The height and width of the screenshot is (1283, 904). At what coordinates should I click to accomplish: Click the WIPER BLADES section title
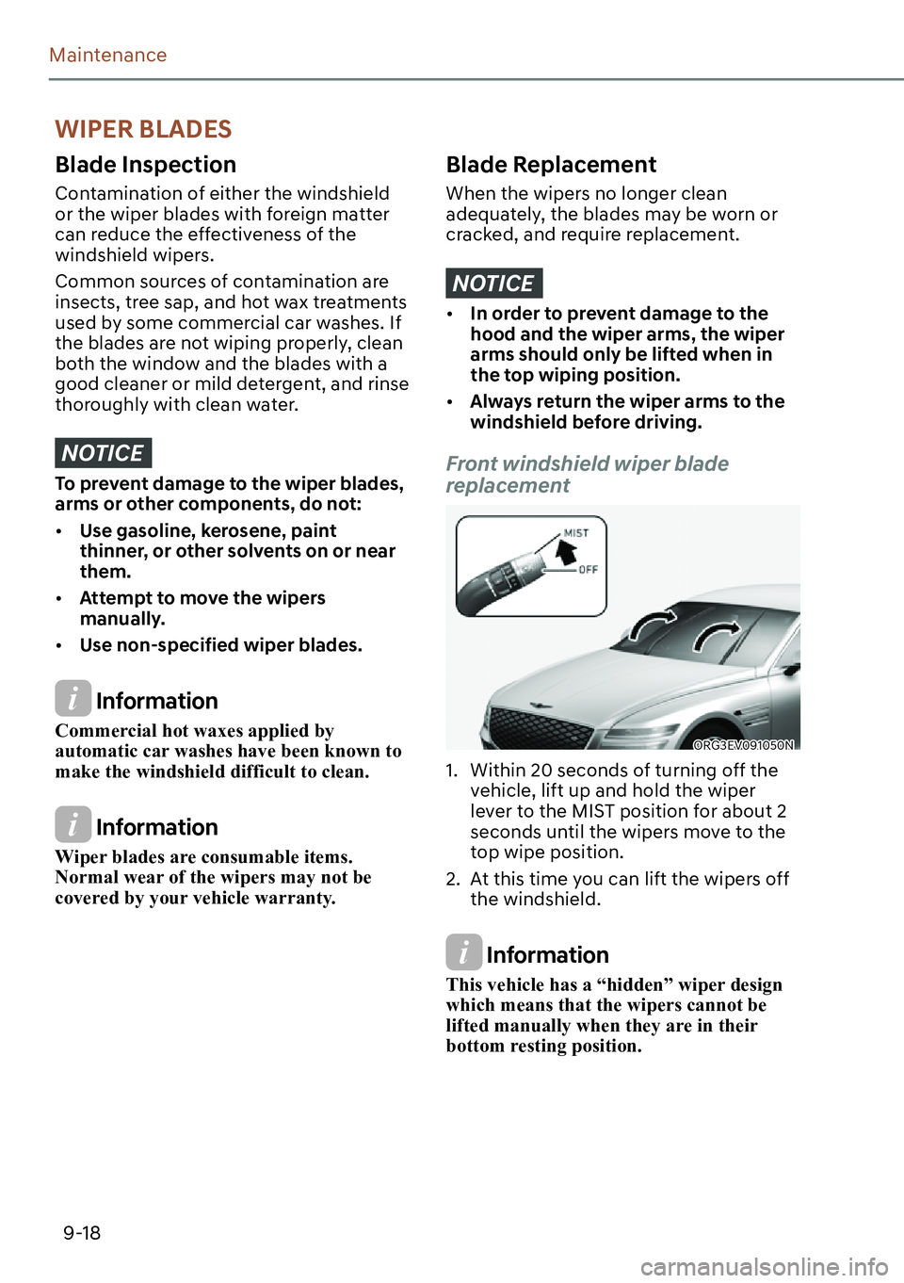pos(143,129)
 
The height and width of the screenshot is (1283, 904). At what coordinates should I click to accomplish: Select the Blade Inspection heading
pos(146,165)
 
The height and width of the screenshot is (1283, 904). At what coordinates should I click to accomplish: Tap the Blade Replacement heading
pos(551,165)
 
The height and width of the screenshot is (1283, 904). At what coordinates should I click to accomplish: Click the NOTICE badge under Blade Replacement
pos(493,284)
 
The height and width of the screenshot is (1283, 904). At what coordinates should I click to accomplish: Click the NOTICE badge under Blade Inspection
pos(103,453)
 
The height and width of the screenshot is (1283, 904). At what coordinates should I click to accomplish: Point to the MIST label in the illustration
pos(576,533)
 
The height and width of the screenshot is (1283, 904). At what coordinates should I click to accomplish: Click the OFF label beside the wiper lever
pos(589,570)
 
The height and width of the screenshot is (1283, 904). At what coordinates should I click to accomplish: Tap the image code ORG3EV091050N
pos(744,745)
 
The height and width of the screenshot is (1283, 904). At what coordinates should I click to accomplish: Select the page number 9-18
pos(82,1233)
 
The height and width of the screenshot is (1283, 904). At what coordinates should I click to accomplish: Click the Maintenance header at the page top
pos(108,56)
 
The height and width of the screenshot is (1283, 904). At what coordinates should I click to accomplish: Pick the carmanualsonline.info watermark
pos(764,1267)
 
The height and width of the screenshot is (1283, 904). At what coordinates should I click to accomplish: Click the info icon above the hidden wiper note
pos(464,952)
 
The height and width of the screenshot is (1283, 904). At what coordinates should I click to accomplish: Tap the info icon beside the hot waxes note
pos(73,699)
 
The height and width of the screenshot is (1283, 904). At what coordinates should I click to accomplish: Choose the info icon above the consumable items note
pos(73,825)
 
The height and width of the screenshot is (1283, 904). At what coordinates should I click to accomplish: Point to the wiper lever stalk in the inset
pos(493,583)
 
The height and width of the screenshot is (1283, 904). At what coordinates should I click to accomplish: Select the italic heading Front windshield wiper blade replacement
pos(587,475)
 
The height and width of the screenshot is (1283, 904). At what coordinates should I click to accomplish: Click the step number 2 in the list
pos(452,880)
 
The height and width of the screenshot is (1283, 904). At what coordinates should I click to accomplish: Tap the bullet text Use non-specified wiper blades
pos(220,645)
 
